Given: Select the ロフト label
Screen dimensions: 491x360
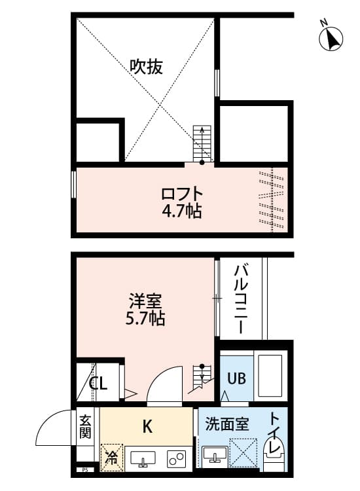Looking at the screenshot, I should click(x=183, y=194).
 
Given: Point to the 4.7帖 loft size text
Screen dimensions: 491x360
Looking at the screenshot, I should click(x=183, y=211).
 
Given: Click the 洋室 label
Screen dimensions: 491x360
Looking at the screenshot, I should click(x=145, y=303).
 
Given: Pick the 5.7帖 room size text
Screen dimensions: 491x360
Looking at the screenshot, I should click(x=145, y=319).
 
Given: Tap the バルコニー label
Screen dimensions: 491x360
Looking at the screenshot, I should click(x=240, y=297).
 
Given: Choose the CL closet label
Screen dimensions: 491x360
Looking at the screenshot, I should click(x=98, y=384).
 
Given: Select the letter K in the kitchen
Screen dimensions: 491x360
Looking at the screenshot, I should click(x=148, y=427).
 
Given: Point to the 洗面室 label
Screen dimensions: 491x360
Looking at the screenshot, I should click(x=226, y=424).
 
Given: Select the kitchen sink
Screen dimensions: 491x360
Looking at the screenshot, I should click(x=143, y=458).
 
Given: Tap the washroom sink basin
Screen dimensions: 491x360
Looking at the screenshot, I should click(x=213, y=455).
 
